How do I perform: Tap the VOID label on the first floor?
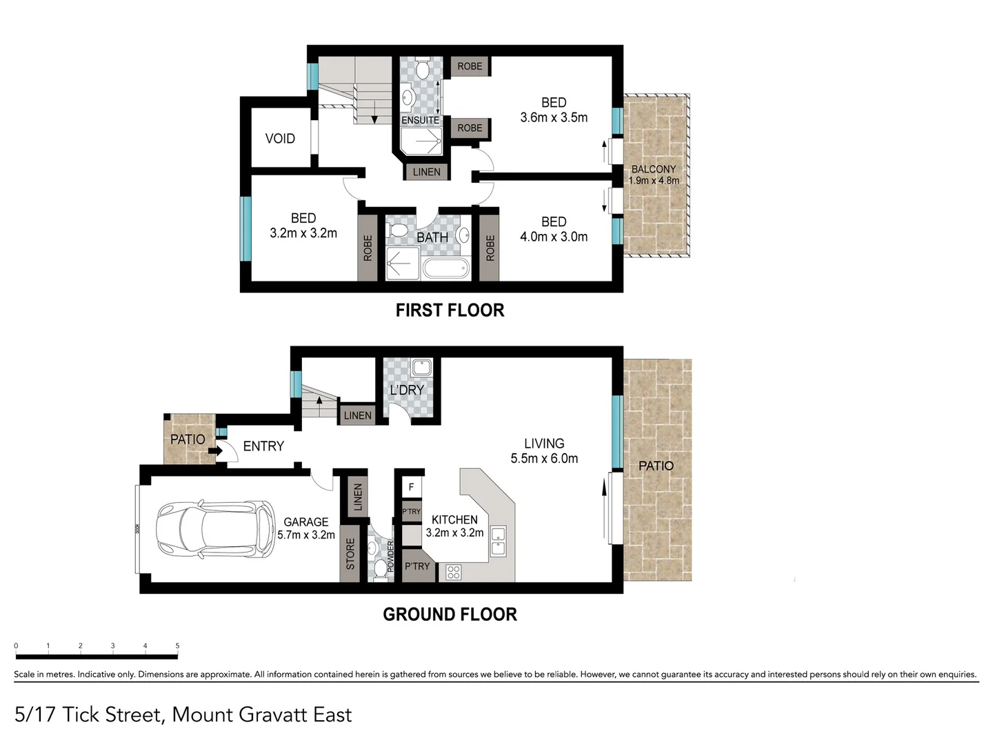[x=280, y=139]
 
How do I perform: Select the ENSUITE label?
[x=420, y=120]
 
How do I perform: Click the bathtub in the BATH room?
[x=445, y=268]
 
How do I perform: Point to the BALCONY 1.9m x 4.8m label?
[x=654, y=175]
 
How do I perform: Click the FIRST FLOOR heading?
[x=450, y=310]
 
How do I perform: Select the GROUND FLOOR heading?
[x=450, y=614]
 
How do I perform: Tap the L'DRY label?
[x=407, y=390]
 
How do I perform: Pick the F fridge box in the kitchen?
[x=411, y=487]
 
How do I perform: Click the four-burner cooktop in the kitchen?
[x=453, y=572]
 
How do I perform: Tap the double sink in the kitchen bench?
[x=498, y=541]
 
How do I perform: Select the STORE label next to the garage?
[x=350, y=554]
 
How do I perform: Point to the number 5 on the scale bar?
[x=177, y=646]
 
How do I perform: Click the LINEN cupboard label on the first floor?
[x=426, y=172]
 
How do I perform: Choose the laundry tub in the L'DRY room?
[x=421, y=366]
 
